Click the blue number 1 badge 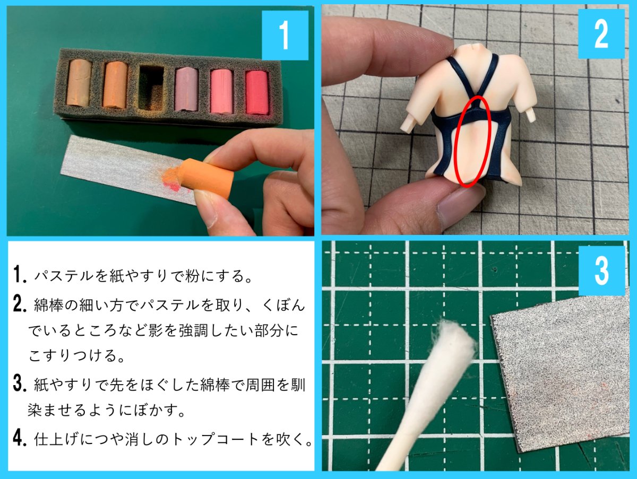pyautogui.click(x=285, y=36)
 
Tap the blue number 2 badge pyautogui.click(x=601, y=34)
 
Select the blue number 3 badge pyautogui.click(x=602, y=271)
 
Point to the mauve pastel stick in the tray pyautogui.click(x=186, y=89)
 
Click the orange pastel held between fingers pyautogui.click(x=206, y=178)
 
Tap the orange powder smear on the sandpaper pyautogui.click(x=172, y=180)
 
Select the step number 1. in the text pyautogui.click(x=20, y=274)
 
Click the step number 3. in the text pyautogui.click(x=20, y=384)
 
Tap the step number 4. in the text pyautogui.click(x=20, y=438)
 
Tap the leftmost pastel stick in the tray pyautogui.click(x=79, y=83)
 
